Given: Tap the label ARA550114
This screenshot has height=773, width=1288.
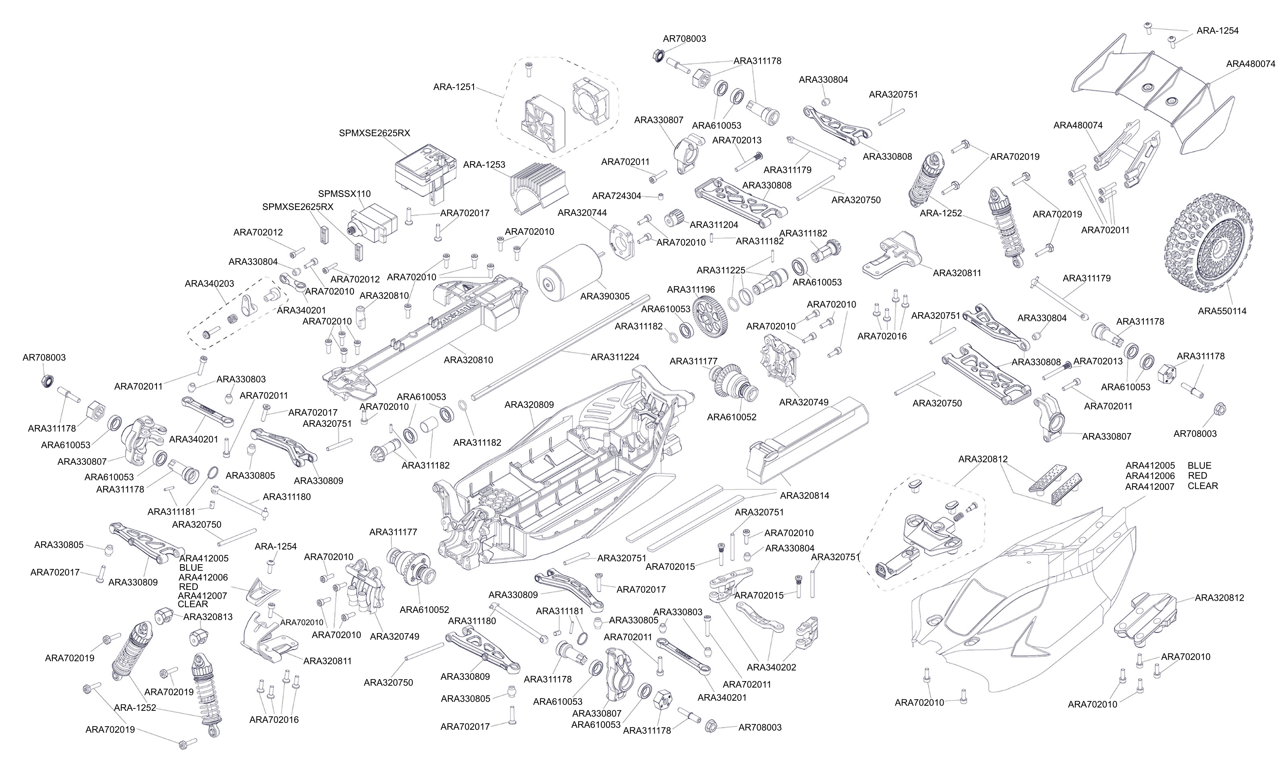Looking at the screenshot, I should (x=1222, y=311).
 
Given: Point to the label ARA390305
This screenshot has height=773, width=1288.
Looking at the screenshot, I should (x=604, y=296).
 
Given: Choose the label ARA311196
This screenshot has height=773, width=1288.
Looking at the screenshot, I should (x=691, y=290).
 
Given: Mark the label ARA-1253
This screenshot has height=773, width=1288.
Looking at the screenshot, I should (x=484, y=164).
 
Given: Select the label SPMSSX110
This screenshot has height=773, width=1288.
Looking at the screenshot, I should (x=344, y=194).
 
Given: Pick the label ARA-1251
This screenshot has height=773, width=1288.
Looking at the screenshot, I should (x=454, y=87).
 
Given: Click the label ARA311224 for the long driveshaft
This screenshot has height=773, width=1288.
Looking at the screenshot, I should (x=615, y=357).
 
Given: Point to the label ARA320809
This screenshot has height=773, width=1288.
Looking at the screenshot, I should (x=529, y=405).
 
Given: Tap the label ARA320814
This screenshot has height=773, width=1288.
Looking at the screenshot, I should (x=805, y=495).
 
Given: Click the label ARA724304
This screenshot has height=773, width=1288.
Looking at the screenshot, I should (x=616, y=196).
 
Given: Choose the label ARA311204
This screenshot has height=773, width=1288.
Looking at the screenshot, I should (x=714, y=225).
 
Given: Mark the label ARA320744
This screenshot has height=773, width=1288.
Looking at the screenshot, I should (x=582, y=212).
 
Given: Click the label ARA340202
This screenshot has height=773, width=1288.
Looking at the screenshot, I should (x=771, y=667).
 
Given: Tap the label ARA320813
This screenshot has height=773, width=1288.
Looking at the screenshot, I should (x=208, y=617).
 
